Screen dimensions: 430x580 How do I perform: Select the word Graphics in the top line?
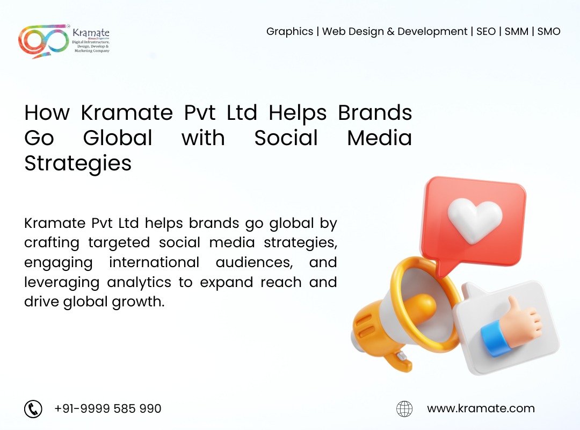289,32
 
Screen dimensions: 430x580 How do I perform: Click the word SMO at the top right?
548,32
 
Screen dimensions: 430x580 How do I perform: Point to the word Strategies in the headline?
78,163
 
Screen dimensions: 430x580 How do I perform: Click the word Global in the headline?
118,138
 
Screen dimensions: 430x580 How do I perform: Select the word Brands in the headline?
375,113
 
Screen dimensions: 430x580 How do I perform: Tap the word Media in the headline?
379,138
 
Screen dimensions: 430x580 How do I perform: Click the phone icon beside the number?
33,409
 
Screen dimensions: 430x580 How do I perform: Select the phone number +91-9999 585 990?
107,409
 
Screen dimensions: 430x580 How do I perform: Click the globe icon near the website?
404,409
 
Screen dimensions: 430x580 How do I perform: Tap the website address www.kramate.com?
481,409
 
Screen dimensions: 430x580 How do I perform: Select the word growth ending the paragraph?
140,302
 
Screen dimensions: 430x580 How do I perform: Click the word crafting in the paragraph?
52,243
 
